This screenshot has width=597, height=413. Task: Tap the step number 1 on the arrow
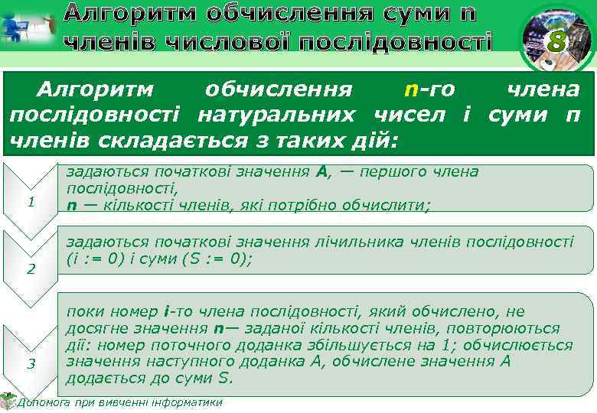coord(31,202)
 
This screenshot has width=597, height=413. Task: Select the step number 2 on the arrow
coord(31,268)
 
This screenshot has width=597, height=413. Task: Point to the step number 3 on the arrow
coord(31,363)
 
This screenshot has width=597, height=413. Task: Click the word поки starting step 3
coord(83,312)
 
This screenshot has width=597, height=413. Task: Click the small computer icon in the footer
coord(8,400)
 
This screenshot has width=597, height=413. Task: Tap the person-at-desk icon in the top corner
coord(28,27)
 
